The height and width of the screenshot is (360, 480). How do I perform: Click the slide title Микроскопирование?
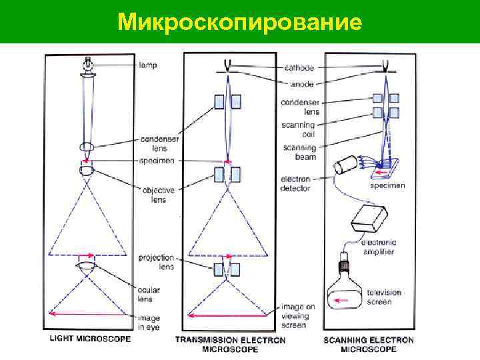coord(239,21)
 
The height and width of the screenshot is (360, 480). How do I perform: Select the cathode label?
coord(299,68)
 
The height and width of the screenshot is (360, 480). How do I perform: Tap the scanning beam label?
coord(299,152)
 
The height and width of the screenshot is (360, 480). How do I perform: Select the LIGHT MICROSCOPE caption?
coord(91,339)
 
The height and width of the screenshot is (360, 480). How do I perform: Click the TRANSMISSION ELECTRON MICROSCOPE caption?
coord(230,344)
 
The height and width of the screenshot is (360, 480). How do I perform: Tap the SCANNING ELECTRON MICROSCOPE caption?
coord(368,344)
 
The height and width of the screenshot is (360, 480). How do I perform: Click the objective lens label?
coord(158,194)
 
